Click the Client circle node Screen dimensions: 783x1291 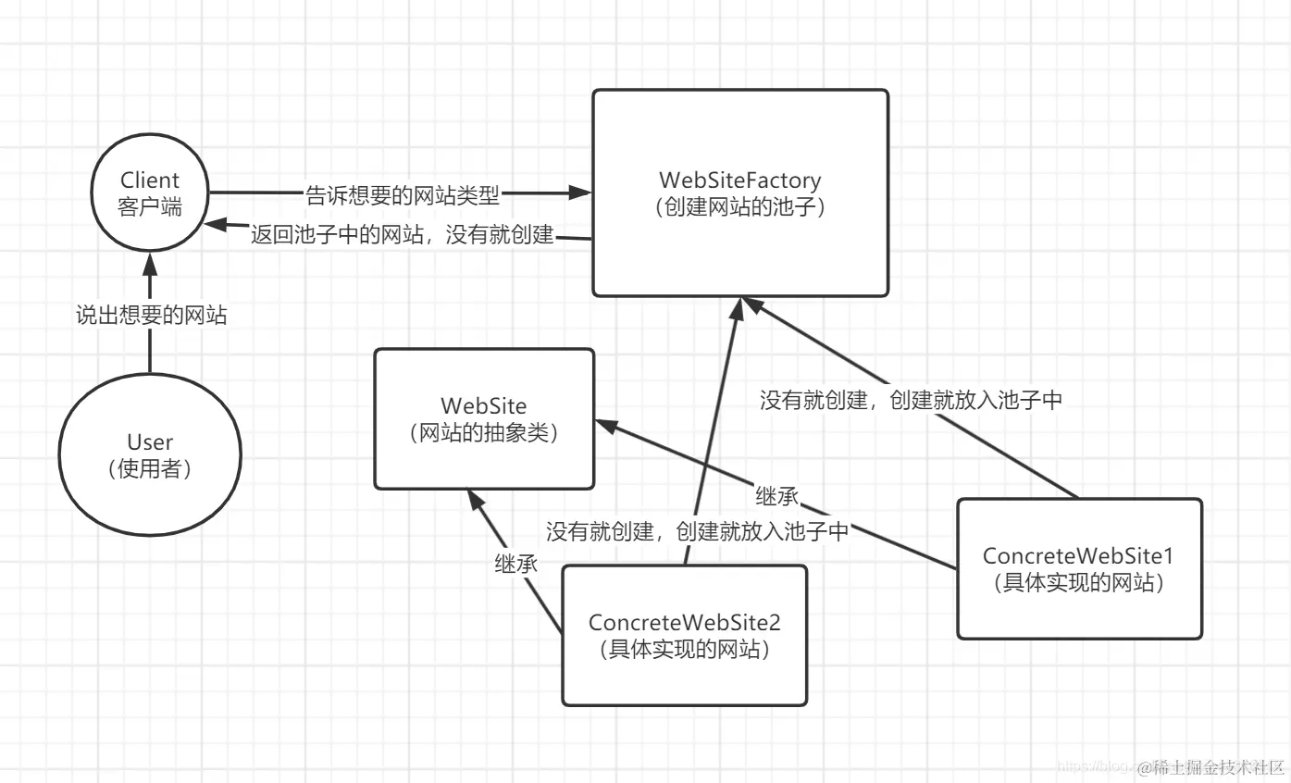pos(149,193)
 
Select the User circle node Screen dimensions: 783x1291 pos(149,454)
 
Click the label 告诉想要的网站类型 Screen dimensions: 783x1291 pos(402,194)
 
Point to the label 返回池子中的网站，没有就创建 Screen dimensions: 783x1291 pos(403,235)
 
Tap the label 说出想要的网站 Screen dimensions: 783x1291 pos(151,316)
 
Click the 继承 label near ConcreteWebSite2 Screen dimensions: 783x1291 pos(515,564)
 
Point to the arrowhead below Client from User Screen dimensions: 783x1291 pos(149,265)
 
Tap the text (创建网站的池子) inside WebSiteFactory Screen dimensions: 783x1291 pos(739,206)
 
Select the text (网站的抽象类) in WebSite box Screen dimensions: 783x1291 pos(483,432)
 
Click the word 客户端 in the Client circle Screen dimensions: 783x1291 pos(149,205)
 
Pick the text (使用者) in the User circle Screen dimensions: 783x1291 pos(149,468)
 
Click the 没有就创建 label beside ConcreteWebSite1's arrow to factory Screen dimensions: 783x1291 pos(911,401)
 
